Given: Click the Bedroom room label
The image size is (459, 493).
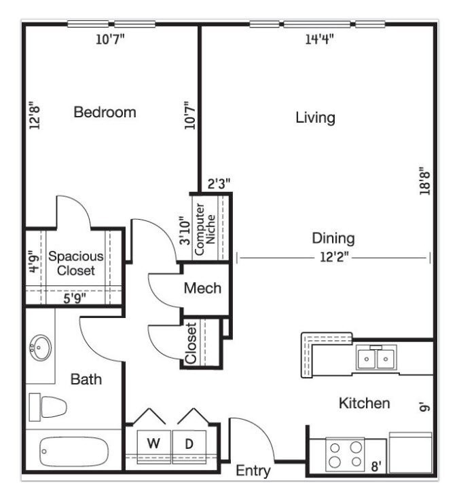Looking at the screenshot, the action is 105,113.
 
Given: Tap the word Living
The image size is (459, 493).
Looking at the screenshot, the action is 315,118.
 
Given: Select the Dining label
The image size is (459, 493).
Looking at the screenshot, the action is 333,238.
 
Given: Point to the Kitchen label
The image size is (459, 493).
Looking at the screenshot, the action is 364,403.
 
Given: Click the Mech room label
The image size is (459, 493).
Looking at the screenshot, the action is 202,288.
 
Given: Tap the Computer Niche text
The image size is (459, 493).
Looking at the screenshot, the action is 205,229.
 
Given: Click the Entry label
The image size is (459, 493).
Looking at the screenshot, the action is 253,471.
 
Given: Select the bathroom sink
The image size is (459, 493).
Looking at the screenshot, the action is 40,347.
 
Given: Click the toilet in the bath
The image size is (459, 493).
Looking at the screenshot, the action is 48,407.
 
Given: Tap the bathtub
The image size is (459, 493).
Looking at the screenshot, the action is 74,452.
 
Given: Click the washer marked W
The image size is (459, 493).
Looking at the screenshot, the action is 154,446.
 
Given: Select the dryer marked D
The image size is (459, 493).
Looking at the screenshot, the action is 189,446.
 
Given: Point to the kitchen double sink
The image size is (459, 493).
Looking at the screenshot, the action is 377,357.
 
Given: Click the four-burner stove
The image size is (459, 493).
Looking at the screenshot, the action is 345,454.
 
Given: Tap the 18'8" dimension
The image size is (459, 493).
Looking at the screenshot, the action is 424,181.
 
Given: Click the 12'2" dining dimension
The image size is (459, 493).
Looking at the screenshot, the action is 334,258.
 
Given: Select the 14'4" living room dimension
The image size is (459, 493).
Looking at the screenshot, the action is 319,39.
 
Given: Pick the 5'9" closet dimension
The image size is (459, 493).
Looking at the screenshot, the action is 74,298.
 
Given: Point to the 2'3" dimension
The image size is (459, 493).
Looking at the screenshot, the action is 219,184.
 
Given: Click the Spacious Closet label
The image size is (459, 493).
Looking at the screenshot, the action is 76,264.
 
